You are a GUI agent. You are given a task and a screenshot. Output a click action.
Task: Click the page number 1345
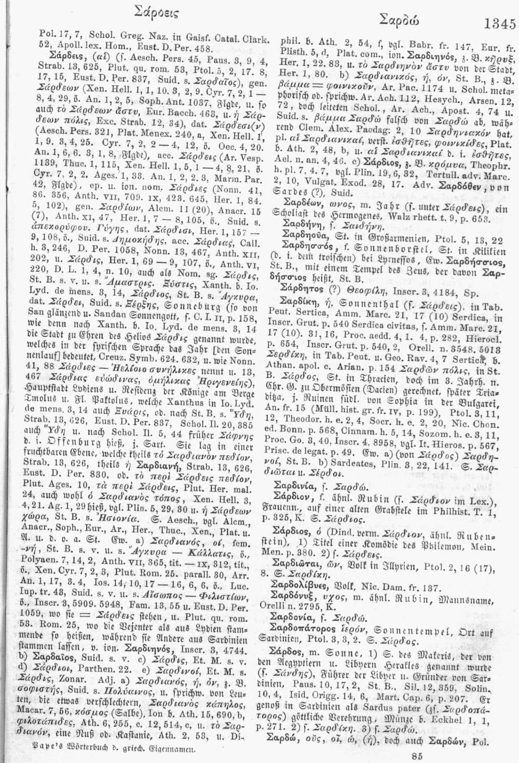point(499,24)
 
